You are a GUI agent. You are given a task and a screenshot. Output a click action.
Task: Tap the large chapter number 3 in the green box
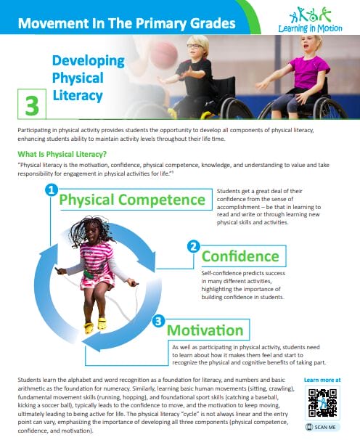point(31,105)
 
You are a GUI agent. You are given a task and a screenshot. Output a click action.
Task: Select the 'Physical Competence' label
point(132,199)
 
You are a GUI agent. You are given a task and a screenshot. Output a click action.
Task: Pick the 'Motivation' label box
point(205,329)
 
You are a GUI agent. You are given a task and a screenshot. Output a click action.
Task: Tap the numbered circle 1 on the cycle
point(51,191)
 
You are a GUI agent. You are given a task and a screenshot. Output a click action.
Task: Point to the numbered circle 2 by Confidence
point(193,247)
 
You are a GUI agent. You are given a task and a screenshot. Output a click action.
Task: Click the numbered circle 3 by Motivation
point(159,320)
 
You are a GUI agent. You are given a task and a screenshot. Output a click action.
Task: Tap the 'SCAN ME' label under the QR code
point(322,428)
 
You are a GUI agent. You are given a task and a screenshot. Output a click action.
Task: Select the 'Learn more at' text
point(322,380)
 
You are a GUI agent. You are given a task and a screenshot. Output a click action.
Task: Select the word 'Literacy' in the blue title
point(78,95)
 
